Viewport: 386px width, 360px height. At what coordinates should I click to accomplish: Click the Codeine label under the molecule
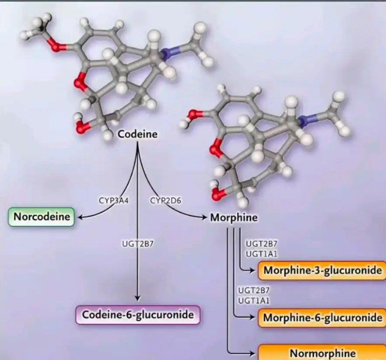coord(137,135)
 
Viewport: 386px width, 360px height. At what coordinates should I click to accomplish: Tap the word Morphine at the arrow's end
coord(234,218)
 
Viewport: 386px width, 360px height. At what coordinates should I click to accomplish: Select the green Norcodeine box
coord(42,217)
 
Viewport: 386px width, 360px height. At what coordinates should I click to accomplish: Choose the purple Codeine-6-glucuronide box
coord(138,315)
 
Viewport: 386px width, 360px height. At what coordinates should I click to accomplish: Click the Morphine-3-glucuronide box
coord(322,270)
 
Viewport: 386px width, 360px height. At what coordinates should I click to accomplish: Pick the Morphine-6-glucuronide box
coord(322,317)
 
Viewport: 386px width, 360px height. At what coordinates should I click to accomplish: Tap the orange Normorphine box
coord(322,353)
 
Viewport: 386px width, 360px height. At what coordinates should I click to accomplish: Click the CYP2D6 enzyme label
coord(165,201)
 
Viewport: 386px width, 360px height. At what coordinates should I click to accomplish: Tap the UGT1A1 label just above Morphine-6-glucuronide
coord(254,300)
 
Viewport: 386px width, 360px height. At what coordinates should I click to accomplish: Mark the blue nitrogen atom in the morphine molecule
coord(305,121)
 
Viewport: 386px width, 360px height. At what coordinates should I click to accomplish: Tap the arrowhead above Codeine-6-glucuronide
coord(137,298)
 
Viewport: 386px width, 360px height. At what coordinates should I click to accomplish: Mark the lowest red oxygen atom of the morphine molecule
coord(217,195)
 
